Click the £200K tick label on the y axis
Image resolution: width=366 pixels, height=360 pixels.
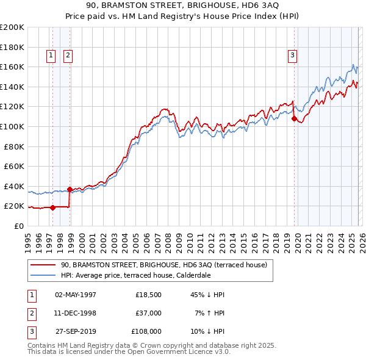(x=12, y=27)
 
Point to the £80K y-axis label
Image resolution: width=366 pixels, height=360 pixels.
(x=13, y=146)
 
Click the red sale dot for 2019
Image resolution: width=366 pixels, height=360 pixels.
(x=294, y=119)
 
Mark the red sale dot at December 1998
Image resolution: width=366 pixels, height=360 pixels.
(x=70, y=189)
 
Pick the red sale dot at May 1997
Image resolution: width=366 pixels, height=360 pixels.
(x=52, y=207)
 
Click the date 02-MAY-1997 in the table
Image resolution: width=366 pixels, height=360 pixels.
(x=76, y=295)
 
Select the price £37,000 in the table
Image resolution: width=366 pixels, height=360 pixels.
(x=148, y=313)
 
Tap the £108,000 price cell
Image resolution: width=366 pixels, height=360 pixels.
(x=146, y=331)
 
